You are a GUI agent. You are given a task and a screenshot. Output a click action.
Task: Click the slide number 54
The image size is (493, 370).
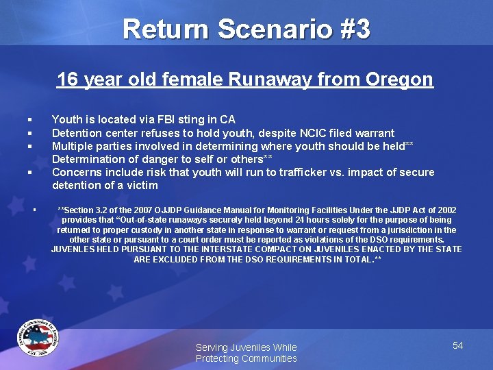(x=457, y=345)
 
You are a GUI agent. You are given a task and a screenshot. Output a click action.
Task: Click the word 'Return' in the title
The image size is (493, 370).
(x=167, y=29)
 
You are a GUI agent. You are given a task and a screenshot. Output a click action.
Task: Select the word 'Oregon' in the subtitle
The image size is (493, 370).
(x=399, y=79)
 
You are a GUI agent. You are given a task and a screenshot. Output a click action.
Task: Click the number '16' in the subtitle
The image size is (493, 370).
(x=67, y=79)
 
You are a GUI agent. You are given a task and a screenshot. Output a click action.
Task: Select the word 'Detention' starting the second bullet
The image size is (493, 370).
(x=76, y=133)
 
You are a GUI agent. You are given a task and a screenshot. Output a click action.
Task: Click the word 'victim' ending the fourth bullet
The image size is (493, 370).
(x=142, y=185)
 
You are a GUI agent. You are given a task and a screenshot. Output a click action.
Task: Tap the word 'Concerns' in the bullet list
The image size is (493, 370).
(x=77, y=172)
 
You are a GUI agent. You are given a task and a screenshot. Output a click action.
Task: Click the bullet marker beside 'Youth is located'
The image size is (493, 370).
(x=30, y=120)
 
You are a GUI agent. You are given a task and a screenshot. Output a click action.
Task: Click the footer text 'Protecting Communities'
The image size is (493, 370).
(x=246, y=358)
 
